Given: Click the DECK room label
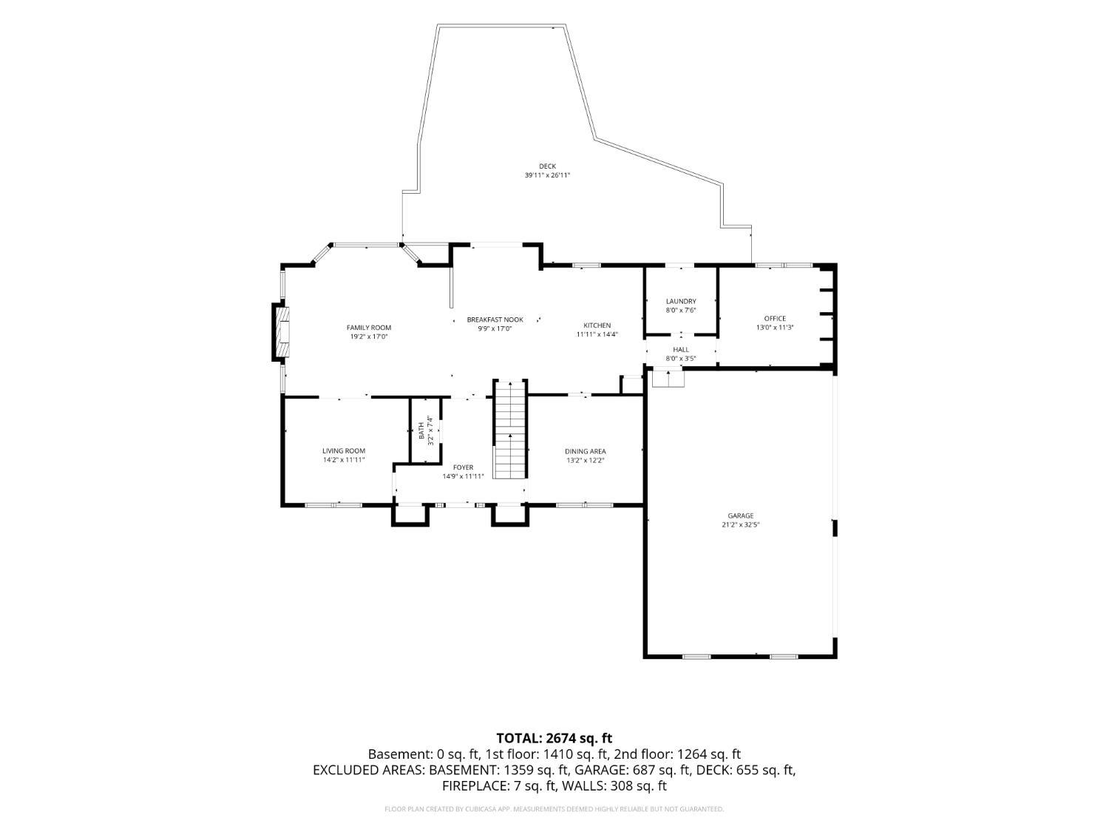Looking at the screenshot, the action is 547,166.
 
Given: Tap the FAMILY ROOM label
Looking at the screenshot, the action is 369,328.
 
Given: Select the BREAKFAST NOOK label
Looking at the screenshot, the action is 495,319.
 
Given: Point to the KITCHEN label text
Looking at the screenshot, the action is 597,326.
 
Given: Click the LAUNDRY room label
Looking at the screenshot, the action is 681,302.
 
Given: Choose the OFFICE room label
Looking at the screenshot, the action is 775,319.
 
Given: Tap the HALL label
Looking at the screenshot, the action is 681,350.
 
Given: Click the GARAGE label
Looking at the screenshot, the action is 741,515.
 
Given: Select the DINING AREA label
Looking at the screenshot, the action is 586,452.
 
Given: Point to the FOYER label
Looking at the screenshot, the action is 464,468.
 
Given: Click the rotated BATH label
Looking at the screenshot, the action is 421,430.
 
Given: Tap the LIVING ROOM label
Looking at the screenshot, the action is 344,451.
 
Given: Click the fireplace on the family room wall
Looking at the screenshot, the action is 282,332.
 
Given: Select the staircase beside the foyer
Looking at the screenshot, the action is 510,429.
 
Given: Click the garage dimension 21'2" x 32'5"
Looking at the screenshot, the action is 741,525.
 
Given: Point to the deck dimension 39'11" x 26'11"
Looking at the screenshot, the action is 547,175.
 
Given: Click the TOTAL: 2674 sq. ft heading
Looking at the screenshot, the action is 554,739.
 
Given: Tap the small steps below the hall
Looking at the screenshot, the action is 668,379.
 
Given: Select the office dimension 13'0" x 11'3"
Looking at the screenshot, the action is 775,328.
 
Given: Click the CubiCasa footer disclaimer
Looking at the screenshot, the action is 554,809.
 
